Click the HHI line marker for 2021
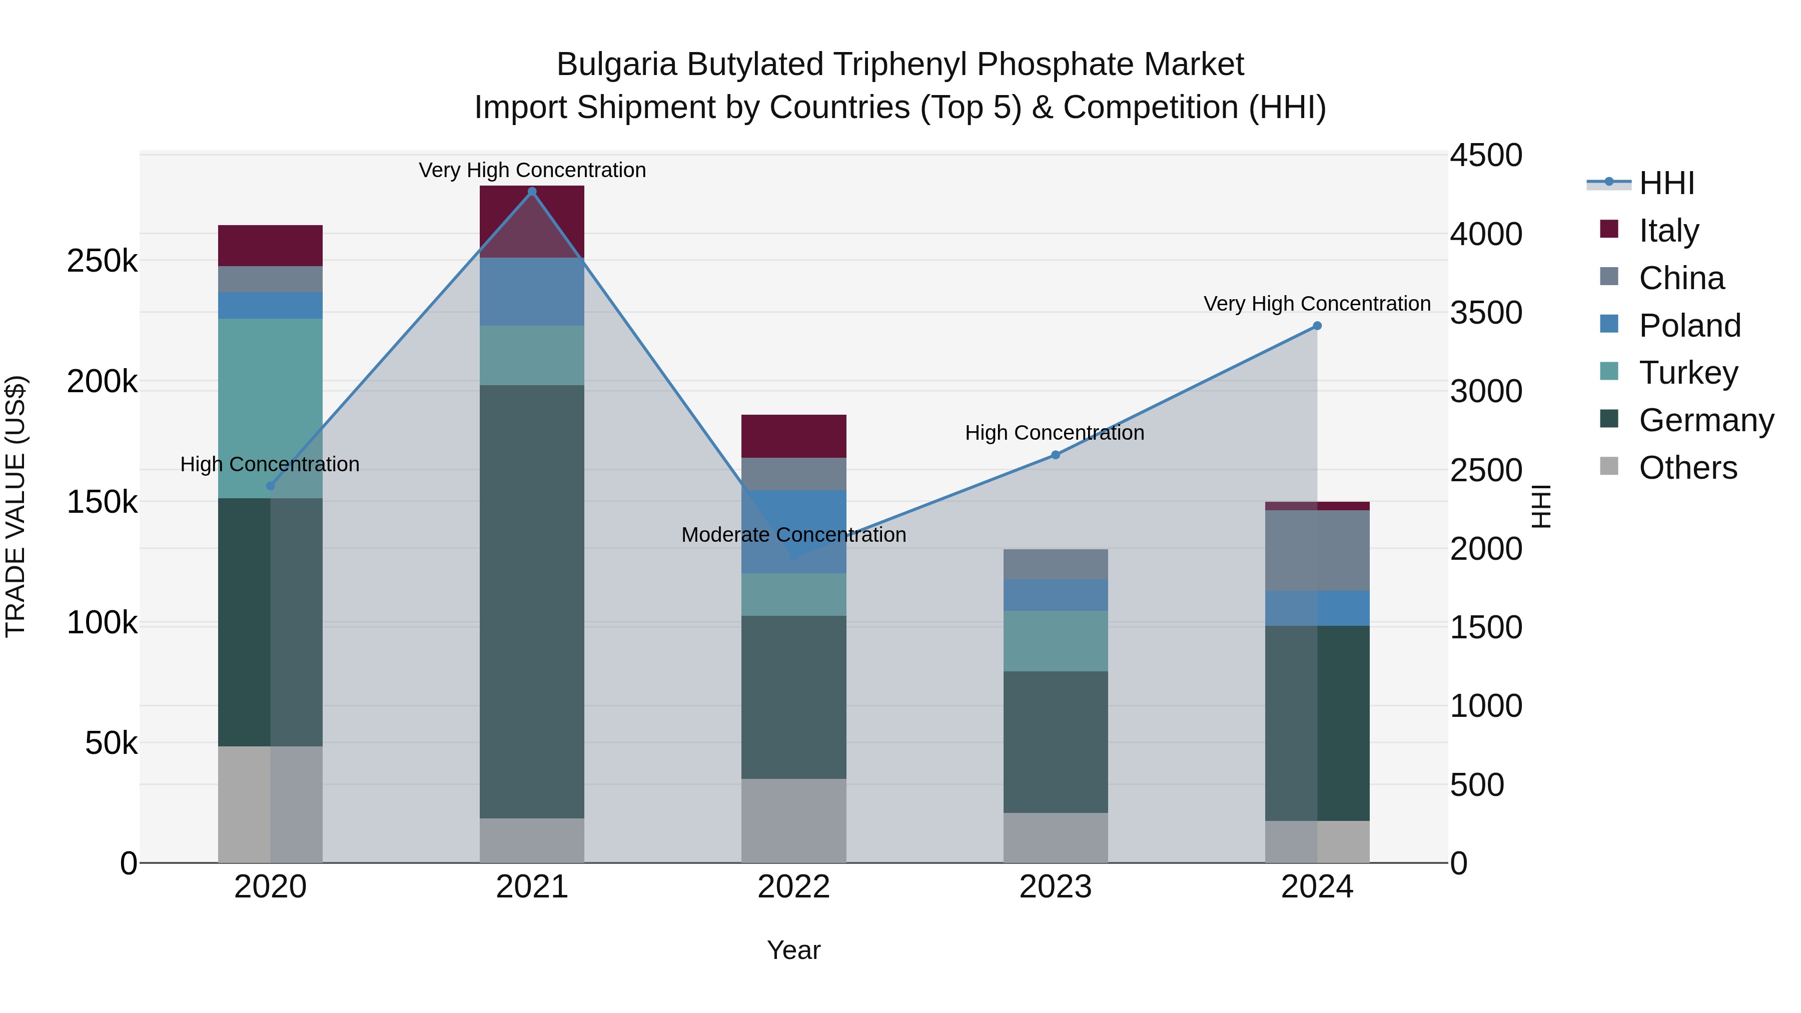click(532, 192)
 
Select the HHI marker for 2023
click(1056, 455)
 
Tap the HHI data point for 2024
click(1317, 326)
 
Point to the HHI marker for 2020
click(271, 486)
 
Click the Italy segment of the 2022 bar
click(793, 436)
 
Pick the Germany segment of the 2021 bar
click(532, 601)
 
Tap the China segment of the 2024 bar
click(1317, 550)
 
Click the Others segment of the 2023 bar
click(1056, 837)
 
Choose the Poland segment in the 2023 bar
click(1056, 595)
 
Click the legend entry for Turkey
click(1688, 373)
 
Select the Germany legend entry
click(1706, 420)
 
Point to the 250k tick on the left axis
click(102, 262)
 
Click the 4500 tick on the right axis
click(1486, 155)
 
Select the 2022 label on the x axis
click(793, 886)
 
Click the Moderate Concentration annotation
click(793, 535)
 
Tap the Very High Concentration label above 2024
click(1317, 304)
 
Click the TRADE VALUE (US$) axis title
click(16, 506)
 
